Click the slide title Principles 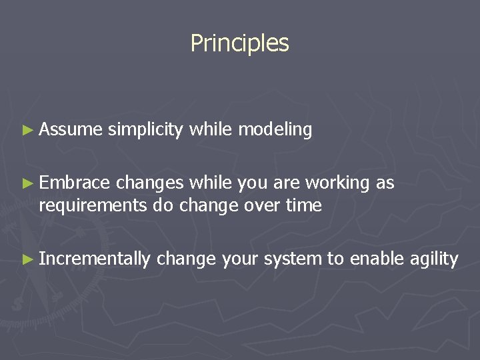coord(239,43)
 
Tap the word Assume coord(71,130)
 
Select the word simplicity coord(145,130)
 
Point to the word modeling coord(275,130)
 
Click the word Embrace coord(74,183)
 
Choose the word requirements coord(93,206)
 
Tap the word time coord(304,205)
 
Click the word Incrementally coord(95,259)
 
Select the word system coord(293,259)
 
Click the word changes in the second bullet coord(149,183)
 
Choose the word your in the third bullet coord(240,259)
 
